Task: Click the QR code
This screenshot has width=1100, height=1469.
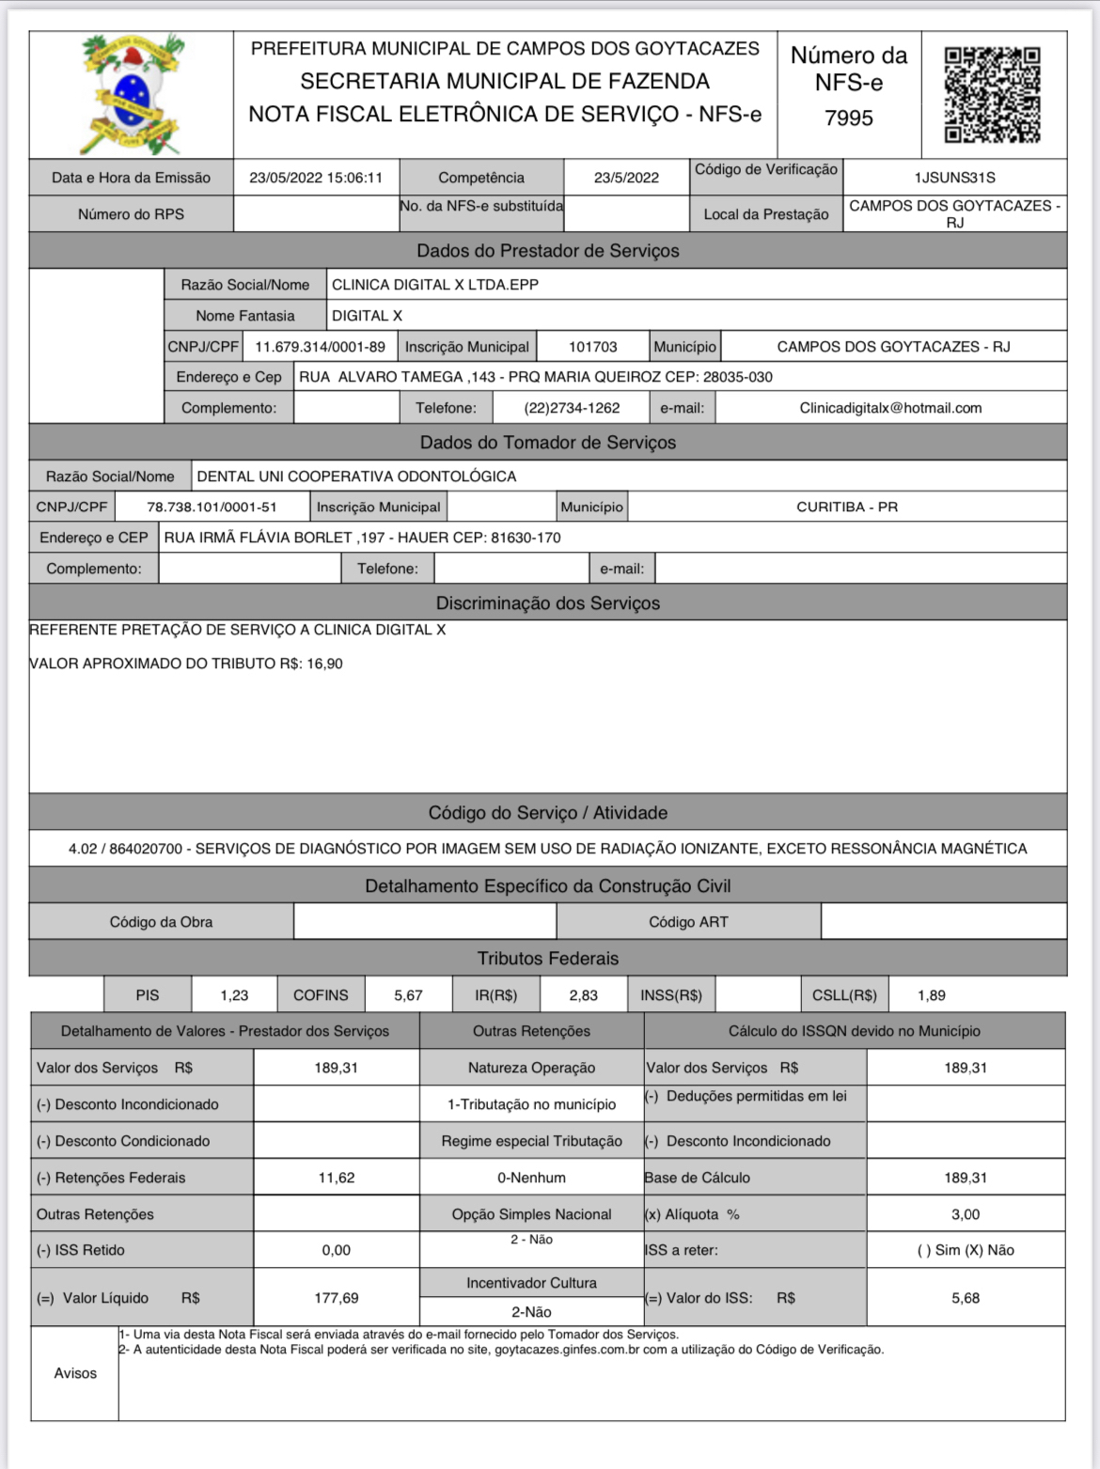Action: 992,95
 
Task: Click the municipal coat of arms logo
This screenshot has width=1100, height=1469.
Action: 131,94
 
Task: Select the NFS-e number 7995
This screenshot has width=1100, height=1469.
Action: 848,118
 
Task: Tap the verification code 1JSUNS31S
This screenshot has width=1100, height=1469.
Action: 954,178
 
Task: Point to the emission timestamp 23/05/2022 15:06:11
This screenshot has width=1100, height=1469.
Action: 316,178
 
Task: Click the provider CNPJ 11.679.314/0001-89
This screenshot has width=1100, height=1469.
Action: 320,347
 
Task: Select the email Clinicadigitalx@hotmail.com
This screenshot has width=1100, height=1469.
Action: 890,408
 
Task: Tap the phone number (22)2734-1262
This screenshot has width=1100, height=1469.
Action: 572,408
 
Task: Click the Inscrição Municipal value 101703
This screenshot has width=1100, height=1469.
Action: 592,347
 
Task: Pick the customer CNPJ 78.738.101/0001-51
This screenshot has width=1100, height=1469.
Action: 212,507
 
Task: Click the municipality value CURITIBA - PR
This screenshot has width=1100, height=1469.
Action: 846,507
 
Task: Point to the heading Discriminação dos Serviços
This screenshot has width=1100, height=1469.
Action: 548,603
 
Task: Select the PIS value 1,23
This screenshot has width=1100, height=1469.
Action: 234,995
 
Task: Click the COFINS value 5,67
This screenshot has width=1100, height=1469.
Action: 408,995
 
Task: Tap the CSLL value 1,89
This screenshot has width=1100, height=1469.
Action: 932,995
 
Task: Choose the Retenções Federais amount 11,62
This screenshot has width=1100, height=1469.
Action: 336,1178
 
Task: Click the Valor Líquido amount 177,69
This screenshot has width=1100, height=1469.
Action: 336,1298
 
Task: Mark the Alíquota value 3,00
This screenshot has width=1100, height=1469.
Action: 966,1214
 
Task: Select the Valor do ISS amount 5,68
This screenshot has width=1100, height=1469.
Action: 966,1298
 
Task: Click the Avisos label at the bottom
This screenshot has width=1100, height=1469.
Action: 75,1373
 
